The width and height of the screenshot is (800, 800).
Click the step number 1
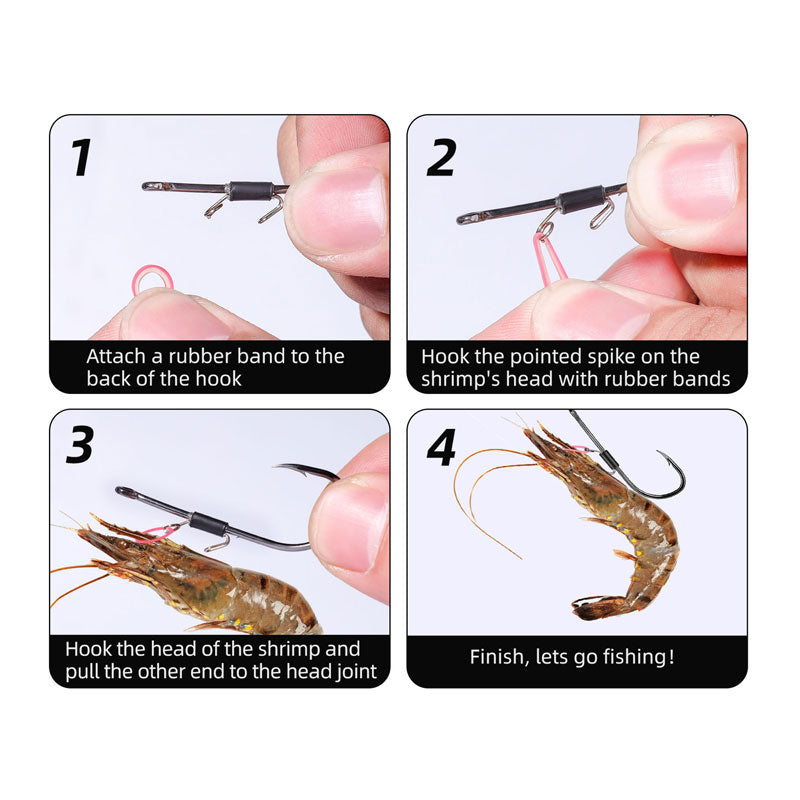click(81, 157)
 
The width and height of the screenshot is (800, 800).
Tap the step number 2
click(441, 158)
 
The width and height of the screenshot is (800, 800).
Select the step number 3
click(81, 444)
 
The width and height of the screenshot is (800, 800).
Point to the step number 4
click(441, 447)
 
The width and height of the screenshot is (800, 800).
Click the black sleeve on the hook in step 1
click(251, 190)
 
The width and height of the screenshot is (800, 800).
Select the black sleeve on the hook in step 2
click(581, 199)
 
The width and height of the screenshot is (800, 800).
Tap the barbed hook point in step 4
click(662, 454)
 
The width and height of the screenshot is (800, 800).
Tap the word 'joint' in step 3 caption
click(357, 672)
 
